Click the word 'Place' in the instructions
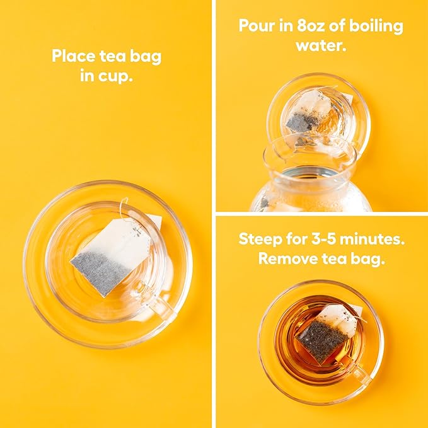pyautogui.click(x=73, y=56)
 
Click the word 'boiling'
pyautogui.click(x=376, y=26)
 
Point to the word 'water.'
pyautogui.click(x=321, y=45)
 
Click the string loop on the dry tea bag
pyautogui.click(x=124, y=207)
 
